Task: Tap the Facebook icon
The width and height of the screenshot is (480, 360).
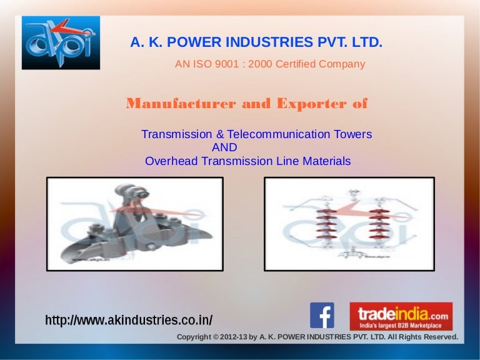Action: [x=322, y=316]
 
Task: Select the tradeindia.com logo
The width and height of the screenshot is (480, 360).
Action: [x=401, y=316]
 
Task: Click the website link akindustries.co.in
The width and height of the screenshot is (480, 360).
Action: [x=129, y=321]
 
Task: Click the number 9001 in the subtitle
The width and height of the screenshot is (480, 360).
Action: [x=231, y=64]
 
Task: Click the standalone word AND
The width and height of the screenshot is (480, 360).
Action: [x=224, y=147]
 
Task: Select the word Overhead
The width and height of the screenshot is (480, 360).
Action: [x=169, y=161]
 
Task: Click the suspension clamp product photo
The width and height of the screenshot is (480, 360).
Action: [x=134, y=224]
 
